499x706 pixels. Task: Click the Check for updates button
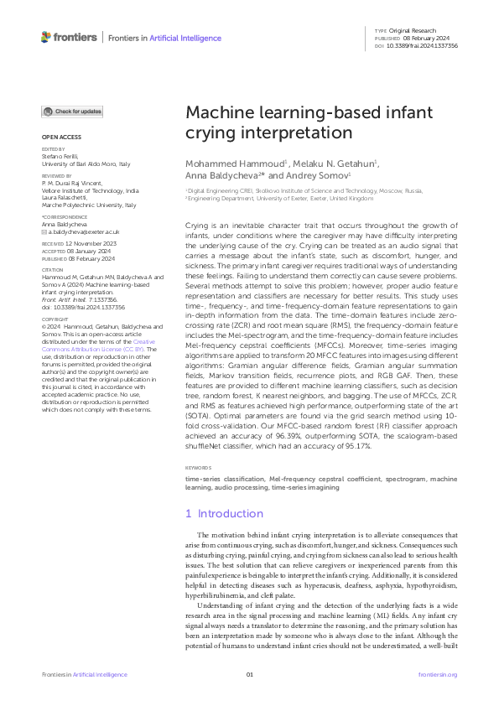pyautogui.click(x=73, y=112)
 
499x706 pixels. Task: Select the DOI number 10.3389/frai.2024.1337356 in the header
pyautogui.click(x=428, y=46)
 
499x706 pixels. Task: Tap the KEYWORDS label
pyautogui.click(x=199, y=468)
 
